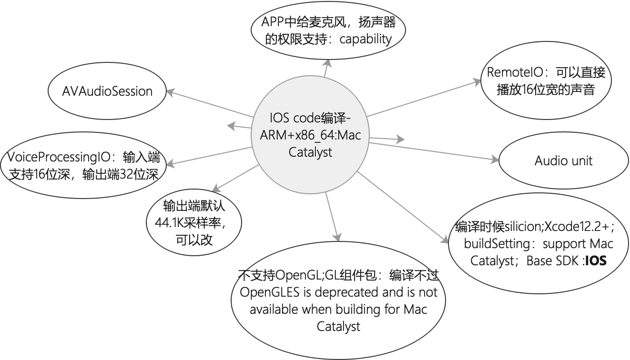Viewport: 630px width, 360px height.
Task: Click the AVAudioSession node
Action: [x=107, y=91]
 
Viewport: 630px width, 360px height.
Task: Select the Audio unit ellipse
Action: [x=563, y=160]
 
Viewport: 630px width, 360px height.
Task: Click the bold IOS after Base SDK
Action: [x=596, y=261]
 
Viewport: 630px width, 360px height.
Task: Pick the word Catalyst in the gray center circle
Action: [x=310, y=152]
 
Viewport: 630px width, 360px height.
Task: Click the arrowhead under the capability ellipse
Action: [x=327, y=63]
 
